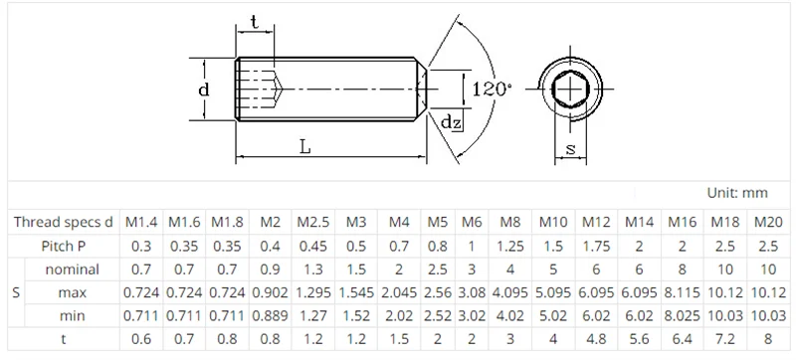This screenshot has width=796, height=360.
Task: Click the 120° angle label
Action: click(x=492, y=90)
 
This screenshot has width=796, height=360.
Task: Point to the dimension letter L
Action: click(x=304, y=147)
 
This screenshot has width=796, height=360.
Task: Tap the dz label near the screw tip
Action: click(x=452, y=121)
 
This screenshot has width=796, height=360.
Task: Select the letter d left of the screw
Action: click(x=204, y=90)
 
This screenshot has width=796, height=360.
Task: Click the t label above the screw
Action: click(x=255, y=22)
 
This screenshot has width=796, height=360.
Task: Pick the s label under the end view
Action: click(x=571, y=148)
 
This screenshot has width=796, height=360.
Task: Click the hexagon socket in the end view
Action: click(x=570, y=90)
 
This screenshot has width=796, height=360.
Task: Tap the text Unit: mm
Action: click(x=737, y=193)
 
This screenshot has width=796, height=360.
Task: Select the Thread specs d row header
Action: click(x=64, y=222)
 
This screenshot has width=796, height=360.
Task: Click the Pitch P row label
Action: click(x=64, y=247)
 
